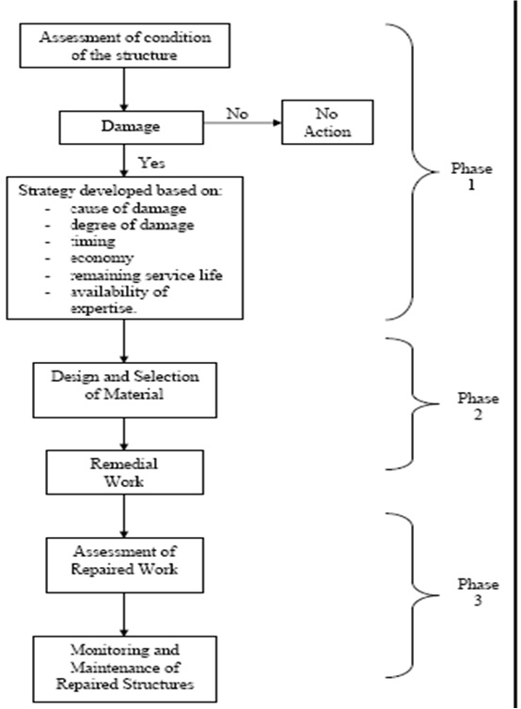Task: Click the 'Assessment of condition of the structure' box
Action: click(x=125, y=46)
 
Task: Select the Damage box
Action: click(x=131, y=128)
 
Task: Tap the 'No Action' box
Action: click(x=327, y=122)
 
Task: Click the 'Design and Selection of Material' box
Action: click(x=125, y=390)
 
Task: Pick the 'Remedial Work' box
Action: click(x=125, y=472)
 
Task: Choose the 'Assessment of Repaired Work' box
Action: click(x=125, y=565)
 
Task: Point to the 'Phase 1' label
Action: click(x=471, y=177)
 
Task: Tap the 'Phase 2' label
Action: click(x=478, y=406)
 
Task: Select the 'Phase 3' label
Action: click(x=478, y=591)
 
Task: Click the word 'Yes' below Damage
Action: click(x=151, y=163)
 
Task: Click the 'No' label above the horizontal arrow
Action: click(x=237, y=113)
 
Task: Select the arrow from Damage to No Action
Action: click(x=243, y=122)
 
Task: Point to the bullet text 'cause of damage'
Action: click(x=128, y=208)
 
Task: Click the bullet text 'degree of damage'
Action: click(x=132, y=225)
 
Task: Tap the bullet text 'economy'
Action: click(x=103, y=258)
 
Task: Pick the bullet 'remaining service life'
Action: click(x=147, y=275)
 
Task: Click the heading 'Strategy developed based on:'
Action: click(x=120, y=190)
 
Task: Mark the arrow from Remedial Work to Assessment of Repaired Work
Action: click(x=124, y=516)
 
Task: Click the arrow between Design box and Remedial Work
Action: click(x=124, y=433)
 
